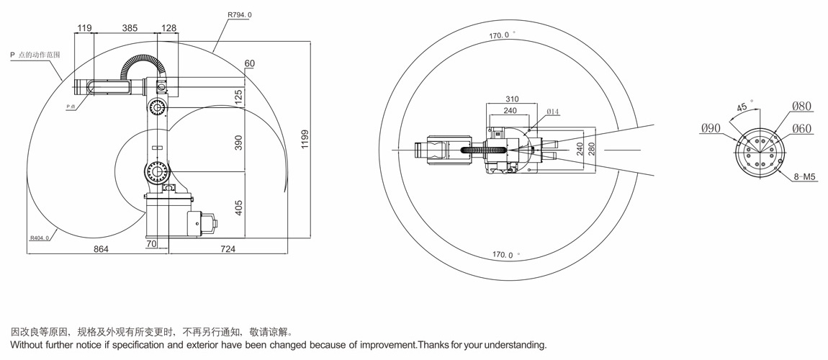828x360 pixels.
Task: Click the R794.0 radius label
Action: point(240,15)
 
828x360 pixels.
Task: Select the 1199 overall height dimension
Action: point(305,140)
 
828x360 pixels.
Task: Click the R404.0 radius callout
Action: point(40,238)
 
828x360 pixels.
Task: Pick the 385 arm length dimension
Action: point(130,28)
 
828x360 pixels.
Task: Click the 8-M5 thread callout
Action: point(805,177)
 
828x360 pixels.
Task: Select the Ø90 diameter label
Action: point(711,127)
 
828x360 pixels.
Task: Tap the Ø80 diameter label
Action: point(801,106)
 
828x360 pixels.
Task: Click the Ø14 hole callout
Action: point(553,112)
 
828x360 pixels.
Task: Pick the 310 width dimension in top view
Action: point(512,99)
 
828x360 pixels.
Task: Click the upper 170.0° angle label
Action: point(501,35)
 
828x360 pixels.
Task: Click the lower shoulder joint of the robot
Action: point(157,171)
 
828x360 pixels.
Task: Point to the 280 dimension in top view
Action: point(591,149)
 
